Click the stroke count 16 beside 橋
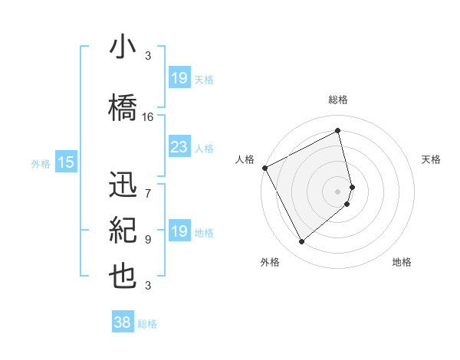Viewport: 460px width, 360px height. [148, 116]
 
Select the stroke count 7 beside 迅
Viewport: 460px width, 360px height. [148, 185]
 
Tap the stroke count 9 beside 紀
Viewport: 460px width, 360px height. [148, 239]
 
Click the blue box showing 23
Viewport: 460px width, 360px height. [179, 147]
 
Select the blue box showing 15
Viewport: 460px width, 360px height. [66, 162]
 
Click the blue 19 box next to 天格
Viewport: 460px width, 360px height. [179, 77]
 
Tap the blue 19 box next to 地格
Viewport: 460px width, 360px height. [179, 231]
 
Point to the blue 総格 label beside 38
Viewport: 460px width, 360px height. [147, 324]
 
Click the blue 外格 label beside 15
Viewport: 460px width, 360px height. [41, 163]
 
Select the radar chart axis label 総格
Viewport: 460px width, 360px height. [338, 100]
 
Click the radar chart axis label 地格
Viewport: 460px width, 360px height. [402, 262]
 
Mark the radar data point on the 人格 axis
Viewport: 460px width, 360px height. [264, 168]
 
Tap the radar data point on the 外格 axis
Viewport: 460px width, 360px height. [301, 242]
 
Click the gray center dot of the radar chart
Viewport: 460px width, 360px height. [338, 191]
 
